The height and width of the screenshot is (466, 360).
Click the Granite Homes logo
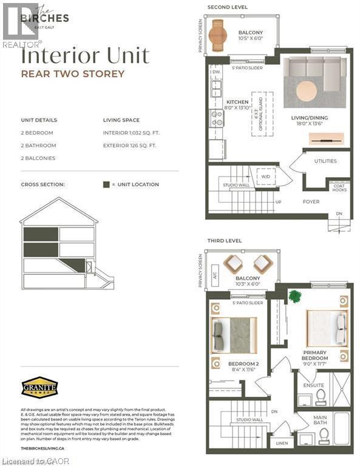pyautogui.click(x=39, y=387)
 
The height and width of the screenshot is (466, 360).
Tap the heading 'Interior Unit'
pyautogui.click(x=85, y=56)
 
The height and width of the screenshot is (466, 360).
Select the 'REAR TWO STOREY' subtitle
pyautogui.click(x=73, y=74)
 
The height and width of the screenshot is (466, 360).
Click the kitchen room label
pyautogui.click(x=237, y=104)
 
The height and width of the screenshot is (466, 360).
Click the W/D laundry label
pyautogui.click(x=266, y=177)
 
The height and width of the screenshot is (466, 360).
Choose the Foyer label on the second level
pyautogui.click(x=311, y=201)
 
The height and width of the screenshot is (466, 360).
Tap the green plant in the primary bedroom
pyautogui.click(x=295, y=297)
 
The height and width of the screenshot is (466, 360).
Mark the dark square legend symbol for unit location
pyautogui.click(x=106, y=184)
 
